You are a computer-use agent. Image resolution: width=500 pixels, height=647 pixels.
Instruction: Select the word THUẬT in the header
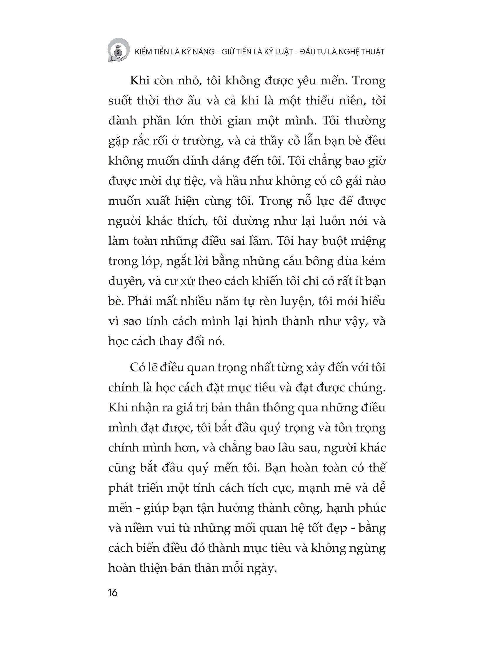pyautogui.click(x=371, y=52)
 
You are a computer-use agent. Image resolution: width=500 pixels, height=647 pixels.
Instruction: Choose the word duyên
pyautogui.click(x=125, y=281)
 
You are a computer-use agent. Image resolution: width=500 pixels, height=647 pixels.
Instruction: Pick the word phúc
pyautogui.click(x=372, y=508)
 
